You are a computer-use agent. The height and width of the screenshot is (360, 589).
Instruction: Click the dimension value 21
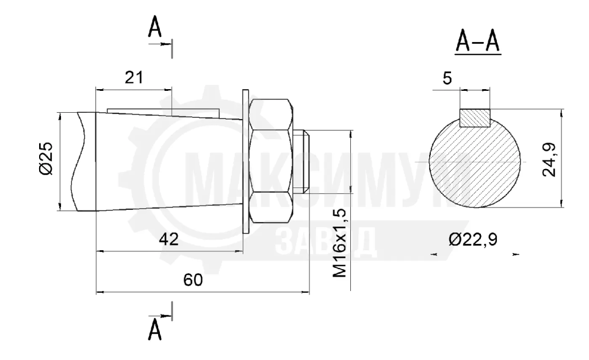tap(133, 78)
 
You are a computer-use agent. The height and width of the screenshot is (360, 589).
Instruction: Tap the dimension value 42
tap(169, 239)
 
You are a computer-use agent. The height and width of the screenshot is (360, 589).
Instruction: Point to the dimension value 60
tap(193, 280)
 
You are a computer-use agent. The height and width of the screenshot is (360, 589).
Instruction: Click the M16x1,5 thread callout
tap(340, 243)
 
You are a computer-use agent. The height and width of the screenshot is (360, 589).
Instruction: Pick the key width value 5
tap(448, 78)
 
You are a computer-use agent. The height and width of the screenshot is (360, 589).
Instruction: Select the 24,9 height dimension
tap(549, 159)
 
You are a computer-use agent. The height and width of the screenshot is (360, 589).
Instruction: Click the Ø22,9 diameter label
tap(473, 239)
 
